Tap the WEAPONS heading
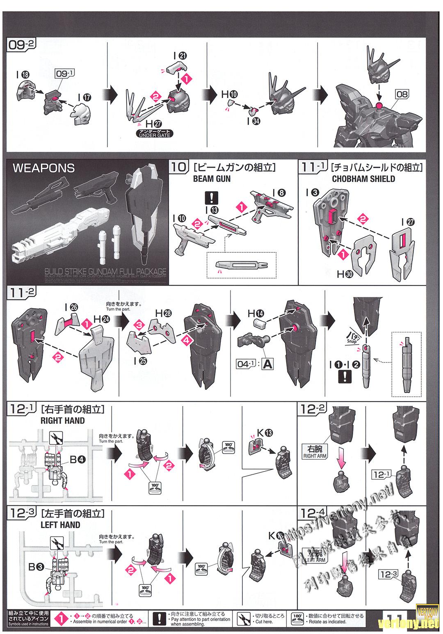point(43,168)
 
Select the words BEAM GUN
point(212,179)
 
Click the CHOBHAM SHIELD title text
point(363,179)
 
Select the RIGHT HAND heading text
point(62,421)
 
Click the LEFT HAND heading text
point(60,524)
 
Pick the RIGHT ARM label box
point(314,451)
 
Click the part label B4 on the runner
point(78,460)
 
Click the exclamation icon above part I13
point(212,198)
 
